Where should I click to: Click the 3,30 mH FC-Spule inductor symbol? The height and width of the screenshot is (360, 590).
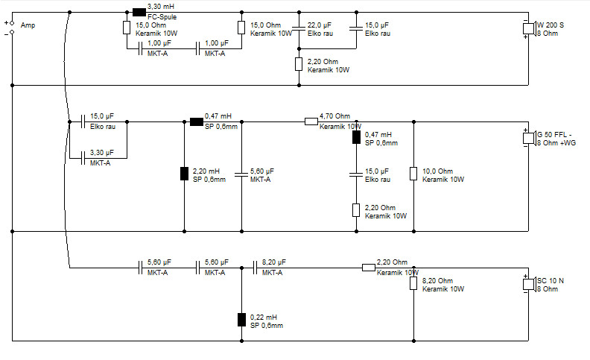point(139,13)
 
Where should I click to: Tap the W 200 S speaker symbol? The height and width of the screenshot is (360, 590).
point(529,28)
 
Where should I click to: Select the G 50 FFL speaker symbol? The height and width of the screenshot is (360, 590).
point(529,138)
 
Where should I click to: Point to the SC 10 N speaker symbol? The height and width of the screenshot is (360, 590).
point(529,284)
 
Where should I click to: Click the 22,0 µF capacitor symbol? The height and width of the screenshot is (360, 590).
point(299,28)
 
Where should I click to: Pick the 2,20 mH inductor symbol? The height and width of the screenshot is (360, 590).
point(185,174)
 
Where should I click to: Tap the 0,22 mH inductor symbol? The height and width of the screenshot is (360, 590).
point(241,320)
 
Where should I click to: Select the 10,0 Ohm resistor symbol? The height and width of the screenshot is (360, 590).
point(413,174)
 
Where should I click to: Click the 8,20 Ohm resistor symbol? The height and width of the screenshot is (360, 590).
point(413,283)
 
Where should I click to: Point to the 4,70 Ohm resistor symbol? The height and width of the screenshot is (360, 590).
point(311,121)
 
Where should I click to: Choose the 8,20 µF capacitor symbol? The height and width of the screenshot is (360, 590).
point(255,268)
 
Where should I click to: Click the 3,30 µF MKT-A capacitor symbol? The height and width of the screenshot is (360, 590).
point(83,158)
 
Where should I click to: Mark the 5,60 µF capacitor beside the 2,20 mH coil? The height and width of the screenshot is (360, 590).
point(241,174)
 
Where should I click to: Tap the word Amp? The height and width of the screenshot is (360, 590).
point(28,25)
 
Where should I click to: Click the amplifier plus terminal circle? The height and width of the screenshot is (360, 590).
point(12,23)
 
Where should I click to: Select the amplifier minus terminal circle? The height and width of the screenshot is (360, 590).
point(12,32)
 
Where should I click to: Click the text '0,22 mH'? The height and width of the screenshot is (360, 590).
point(264,317)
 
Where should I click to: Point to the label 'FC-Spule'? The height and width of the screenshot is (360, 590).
point(162,17)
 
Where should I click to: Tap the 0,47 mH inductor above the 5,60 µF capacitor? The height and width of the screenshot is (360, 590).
point(197,121)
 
